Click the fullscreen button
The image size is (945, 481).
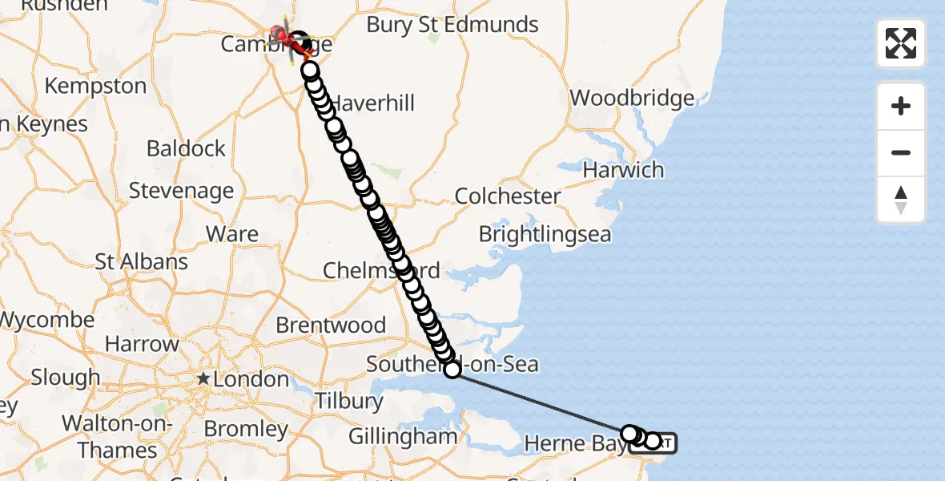(901, 43)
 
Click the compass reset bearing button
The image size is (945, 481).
(901, 200)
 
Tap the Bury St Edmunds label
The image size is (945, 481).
(452, 25)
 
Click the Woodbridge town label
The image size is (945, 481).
(632, 99)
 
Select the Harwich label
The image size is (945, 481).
(623, 170)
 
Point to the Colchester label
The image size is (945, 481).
(508, 196)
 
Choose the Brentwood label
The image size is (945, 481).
(331, 325)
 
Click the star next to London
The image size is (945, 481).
(205, 378)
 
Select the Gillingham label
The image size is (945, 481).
(402, 437)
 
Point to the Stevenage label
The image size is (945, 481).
(181, 191)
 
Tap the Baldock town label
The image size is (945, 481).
(186, 148)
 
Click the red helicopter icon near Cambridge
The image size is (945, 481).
(283, 34)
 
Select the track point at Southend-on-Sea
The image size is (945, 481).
(452, 370)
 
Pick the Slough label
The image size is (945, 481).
(65, 377)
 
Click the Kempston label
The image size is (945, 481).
(95, 86)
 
